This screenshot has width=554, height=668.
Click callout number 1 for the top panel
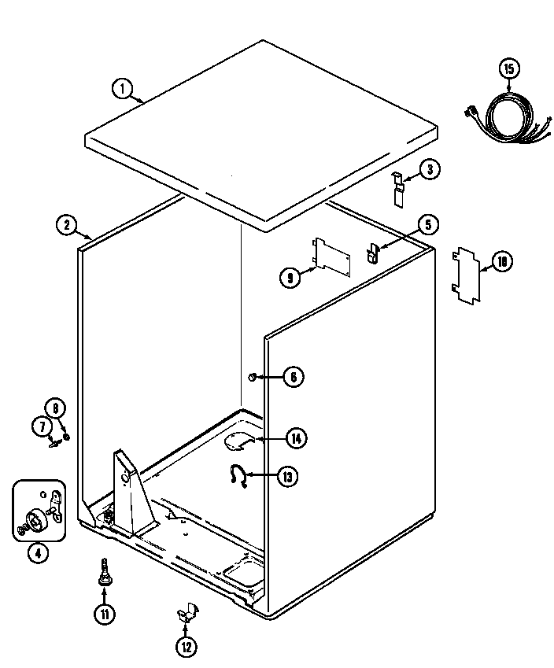(121, 89)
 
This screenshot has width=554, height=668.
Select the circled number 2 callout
(67, 225)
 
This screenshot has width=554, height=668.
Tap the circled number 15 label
(508, 69)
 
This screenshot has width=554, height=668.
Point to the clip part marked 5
(372, 253)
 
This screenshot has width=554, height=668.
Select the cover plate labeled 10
(465, 275)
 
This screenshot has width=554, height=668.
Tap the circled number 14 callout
(295, 438)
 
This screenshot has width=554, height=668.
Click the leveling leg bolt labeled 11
(103, 573)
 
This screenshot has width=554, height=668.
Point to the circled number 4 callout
(37, 553)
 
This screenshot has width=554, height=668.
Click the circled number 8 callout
(55, 408)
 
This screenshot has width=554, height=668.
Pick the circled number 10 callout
(502, 262)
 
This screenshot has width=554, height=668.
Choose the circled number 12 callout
(185, 647)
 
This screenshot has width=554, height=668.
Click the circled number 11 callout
(104, 614)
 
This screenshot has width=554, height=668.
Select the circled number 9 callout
(290, 276)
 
